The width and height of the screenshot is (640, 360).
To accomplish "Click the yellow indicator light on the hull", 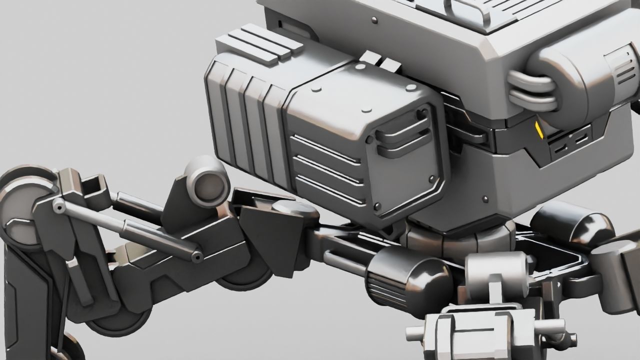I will click(x=539, y=130).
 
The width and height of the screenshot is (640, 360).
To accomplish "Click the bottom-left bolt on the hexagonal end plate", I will click(x=377, y=205).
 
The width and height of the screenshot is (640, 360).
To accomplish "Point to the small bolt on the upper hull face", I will click(x=374, y=20).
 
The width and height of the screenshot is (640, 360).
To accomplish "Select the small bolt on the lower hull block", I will click(x=484, y=199).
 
